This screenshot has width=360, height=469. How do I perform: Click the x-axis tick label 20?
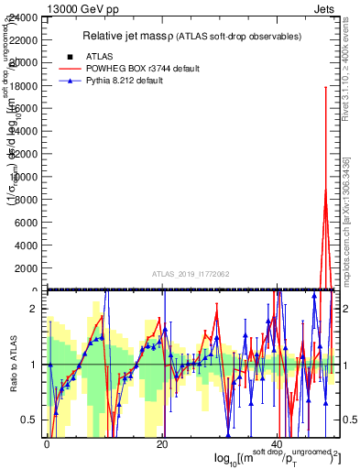coord(162,443)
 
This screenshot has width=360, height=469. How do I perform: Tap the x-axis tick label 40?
coord(277,443)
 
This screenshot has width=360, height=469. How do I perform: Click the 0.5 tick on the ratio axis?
coord(29,420)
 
